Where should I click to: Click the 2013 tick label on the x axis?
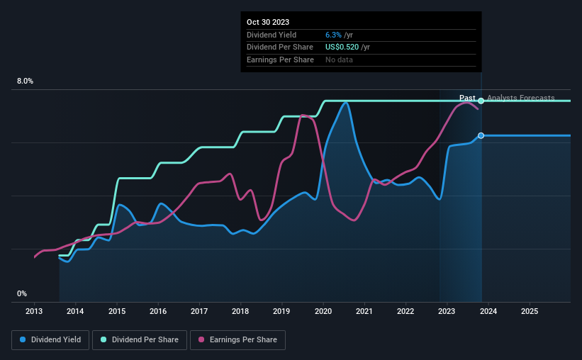pyautogui.click(x=34, y=311)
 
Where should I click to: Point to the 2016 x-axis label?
pyautogui.click(x=158, y=311)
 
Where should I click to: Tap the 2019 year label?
pyautogui.click(x=281, y=311)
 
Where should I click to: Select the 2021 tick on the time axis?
pyautogui.click(x=364, y=311)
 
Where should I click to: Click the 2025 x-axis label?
pyautogui.click(x=530, y=311)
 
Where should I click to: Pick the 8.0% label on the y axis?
pyautogui.click(x=25, y=81)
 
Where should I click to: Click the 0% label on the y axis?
pyautogui.click(x=22, y=293)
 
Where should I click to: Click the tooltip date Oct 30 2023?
pyautogui.click(x=268, y=23)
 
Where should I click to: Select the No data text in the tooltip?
pyautogui.click(x=339, y=60)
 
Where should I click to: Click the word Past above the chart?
pyautogui.click(x=467, y=98)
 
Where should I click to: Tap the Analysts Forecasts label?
pyautogui.click(x=520, y=98)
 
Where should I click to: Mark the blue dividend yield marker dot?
pyautogui.click(x=481, y=135)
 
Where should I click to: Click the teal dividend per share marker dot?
pyautogui.click(x=481, y=101)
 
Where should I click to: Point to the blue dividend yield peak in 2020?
pyautogui.click(x=345, y=103)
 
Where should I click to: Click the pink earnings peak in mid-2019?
pyautogui.click(x=303, y=116)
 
